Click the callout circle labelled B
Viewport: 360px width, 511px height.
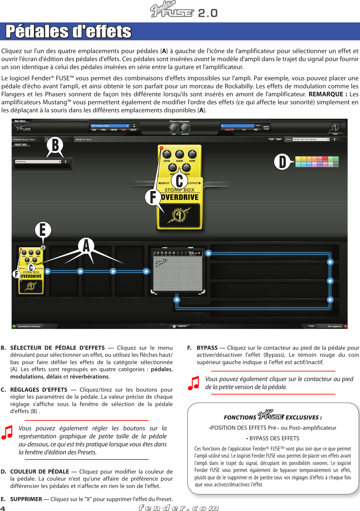55,145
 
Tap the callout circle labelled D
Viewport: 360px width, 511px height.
282,162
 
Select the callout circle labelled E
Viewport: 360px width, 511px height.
43,229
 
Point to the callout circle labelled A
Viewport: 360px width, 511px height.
86,246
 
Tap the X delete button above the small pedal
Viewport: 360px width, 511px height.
43,247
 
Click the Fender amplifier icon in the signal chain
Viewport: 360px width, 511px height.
178,271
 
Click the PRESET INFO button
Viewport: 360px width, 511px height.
21,145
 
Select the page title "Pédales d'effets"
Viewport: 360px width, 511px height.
68,31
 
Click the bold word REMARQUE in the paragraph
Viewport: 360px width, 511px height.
326,94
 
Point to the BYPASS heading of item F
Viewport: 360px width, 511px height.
207,347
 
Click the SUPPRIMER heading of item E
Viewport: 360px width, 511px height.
26,499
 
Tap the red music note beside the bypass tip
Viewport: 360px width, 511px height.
194,383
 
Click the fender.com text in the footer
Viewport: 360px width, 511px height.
179,508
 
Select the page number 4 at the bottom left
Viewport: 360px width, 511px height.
3,508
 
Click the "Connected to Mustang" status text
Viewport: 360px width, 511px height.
28,326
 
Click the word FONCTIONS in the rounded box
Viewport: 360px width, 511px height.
240,417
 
